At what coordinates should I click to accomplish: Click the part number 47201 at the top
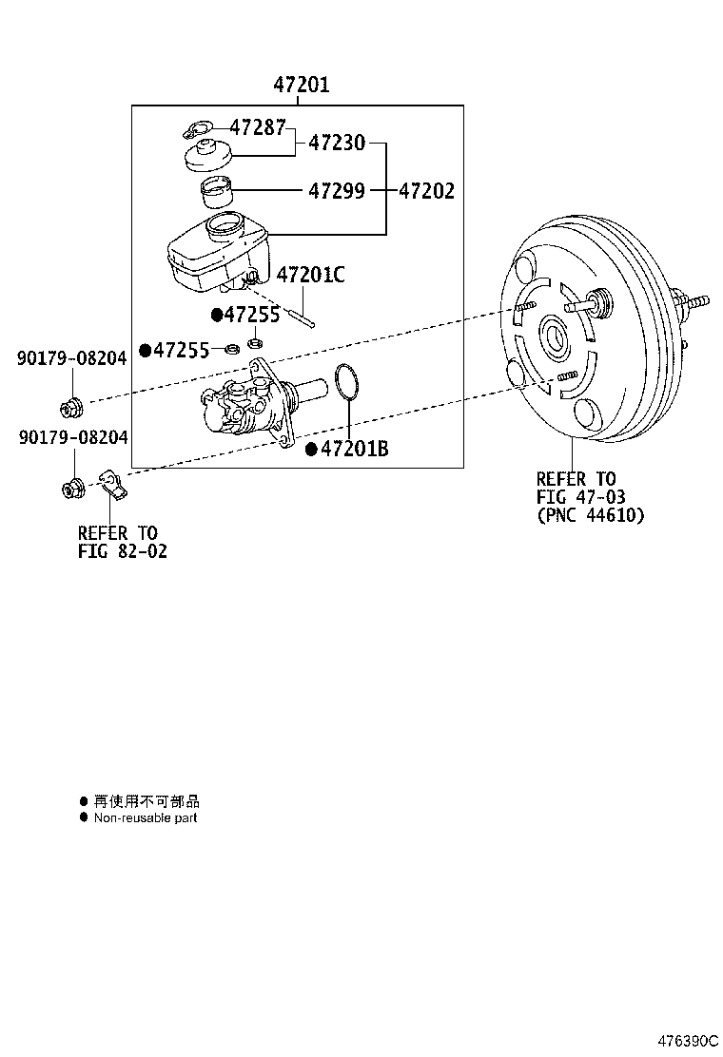(x=302, y=86)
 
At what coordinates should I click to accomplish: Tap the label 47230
(x=336, y=144)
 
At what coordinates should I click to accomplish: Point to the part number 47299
(x=336, y=191)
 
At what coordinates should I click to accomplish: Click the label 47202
(x=426, y=191)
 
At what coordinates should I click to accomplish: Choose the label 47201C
(x=310, y=276)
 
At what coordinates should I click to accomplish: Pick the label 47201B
(x=354, y=450)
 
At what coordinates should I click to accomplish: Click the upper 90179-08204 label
(x=71, y=358)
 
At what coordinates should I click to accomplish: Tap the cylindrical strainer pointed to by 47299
(x=218, y=192)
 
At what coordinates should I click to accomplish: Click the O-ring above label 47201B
(x=348, y=384)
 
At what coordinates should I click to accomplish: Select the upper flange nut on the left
(x=72, y=408)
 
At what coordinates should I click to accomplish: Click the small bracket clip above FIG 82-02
(x=113, y=486)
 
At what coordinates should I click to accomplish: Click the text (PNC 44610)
(x=590, y=516)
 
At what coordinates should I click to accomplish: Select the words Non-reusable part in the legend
(x=146, y=817)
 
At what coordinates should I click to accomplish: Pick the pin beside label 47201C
(x=302, y=311)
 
